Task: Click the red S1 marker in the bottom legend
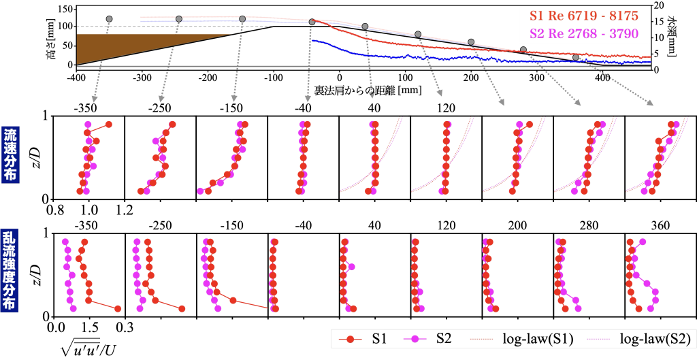pyautogui.click(x=348, y=338)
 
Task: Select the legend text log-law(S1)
pyautogui.click(x=538, y=338)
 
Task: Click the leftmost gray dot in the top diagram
pyautogui.click(x=110, y=18)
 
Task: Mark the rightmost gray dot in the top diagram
pyautogui.click(x=576, y=58)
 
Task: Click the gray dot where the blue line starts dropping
pyautogui.click(x=312, y=22)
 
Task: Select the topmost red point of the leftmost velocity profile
pyautogui.click(x=109, y=124)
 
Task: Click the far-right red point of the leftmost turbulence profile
pyautogui.click(x=118, y=308)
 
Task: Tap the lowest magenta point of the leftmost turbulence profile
pyautogui.click(x=73, y=308)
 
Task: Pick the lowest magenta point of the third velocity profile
pyautogui.click(x=200, y=191)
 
